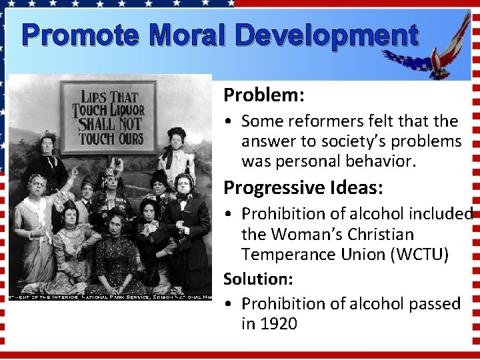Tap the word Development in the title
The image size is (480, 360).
click(327, 36)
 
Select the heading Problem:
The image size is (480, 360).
click(264, 95)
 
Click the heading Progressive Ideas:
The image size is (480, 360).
click(303, 188)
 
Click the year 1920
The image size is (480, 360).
click(279, 324)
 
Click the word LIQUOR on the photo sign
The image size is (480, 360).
click(127, 109)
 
